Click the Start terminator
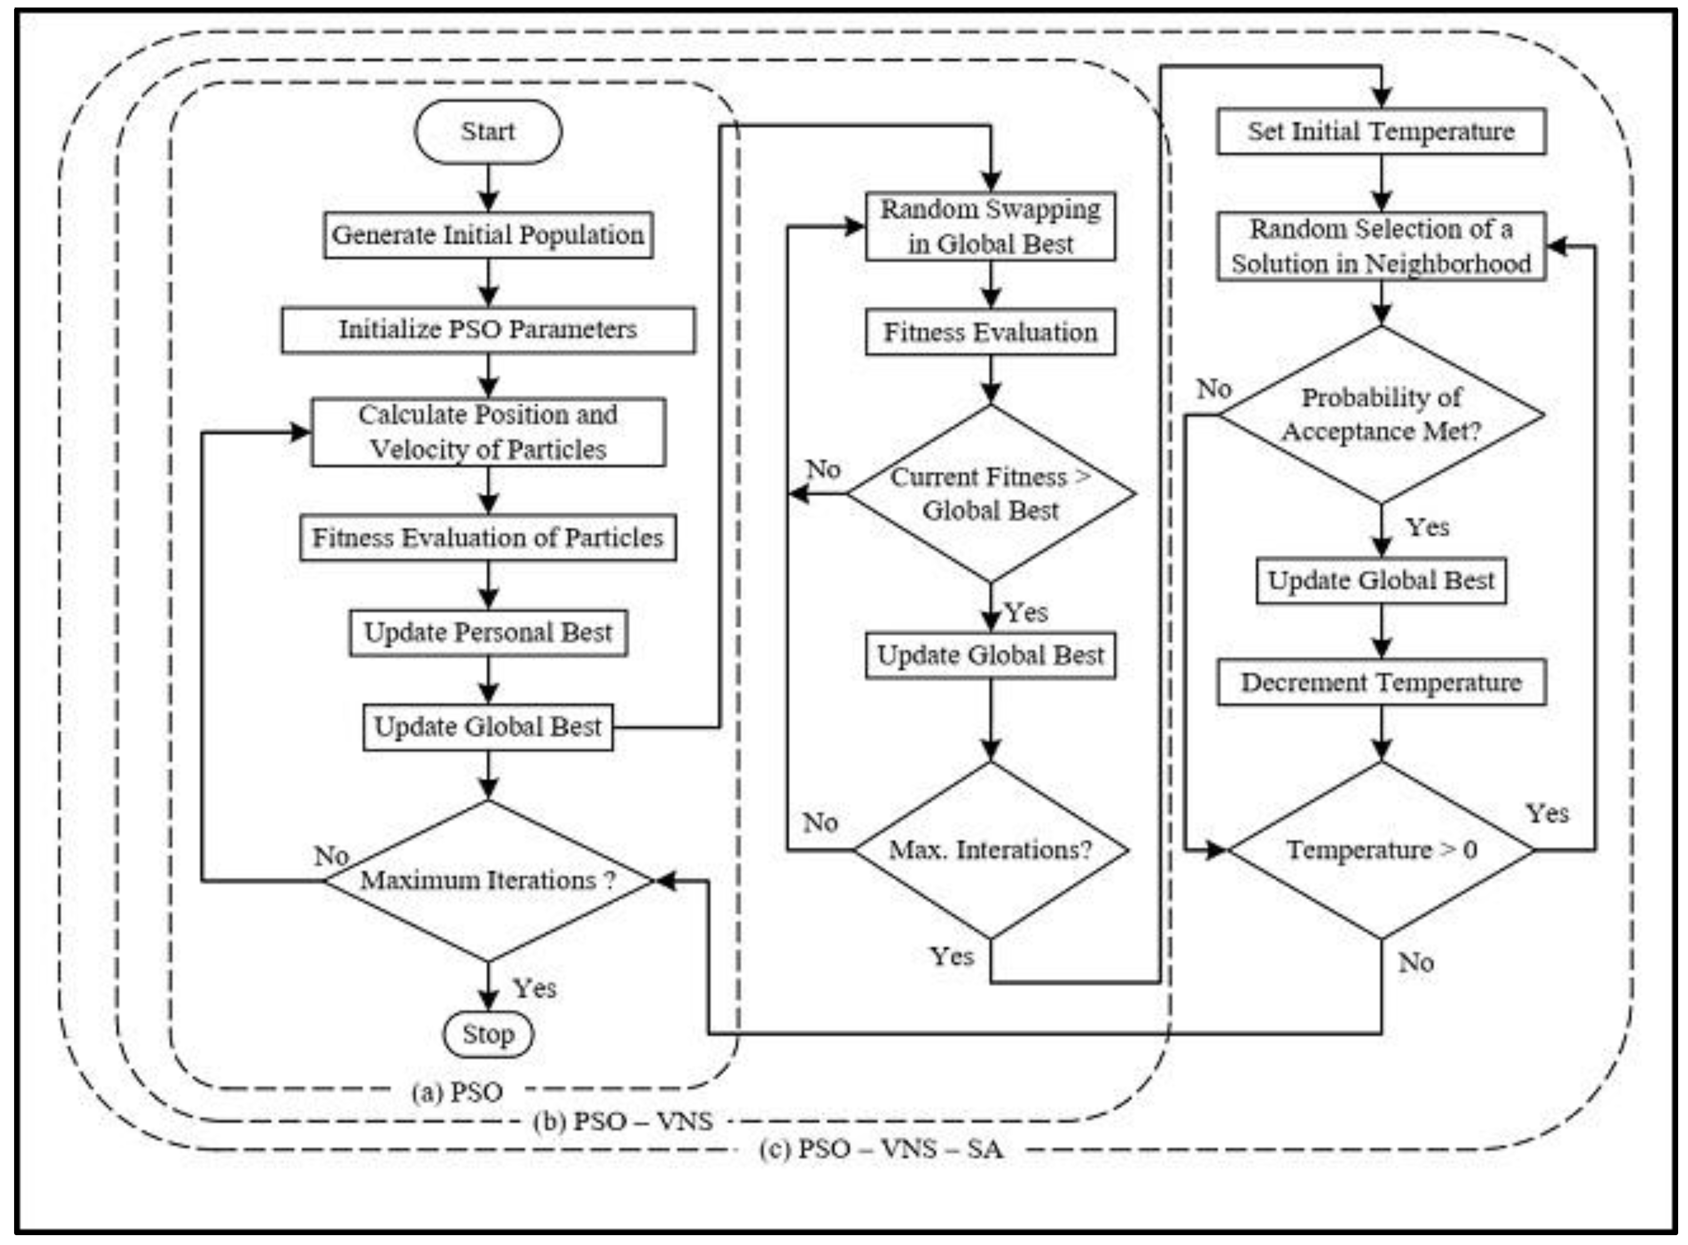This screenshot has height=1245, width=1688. click(488, 132)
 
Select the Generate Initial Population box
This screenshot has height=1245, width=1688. click(488, 235)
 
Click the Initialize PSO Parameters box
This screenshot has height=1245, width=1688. click(488, 329)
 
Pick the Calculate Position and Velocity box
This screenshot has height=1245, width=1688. click(488, 432)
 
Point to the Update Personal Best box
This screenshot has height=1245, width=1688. click(488, 632)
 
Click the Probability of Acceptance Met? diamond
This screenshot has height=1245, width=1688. click(1381, 415)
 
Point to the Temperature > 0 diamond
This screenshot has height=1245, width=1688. click(1381, 850)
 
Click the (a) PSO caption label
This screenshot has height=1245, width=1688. click(457, 1092)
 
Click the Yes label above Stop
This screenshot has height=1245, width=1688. click(534, 988)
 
